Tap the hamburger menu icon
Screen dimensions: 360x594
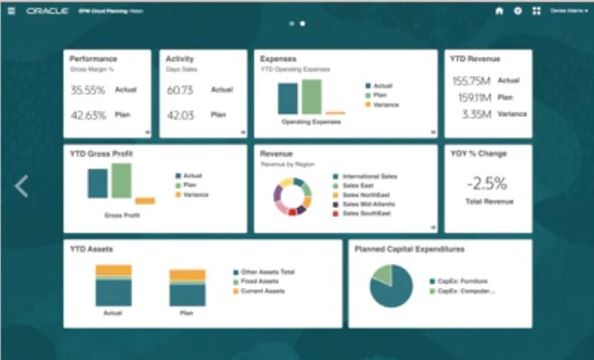coord(12,11)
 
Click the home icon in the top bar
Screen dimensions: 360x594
coord(499,11)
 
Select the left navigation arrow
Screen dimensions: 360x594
coord(22,186)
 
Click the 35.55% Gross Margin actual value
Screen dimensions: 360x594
coord(88,90)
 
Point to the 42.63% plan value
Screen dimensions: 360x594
coord(88,115)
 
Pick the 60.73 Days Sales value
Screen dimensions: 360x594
coord(181,90)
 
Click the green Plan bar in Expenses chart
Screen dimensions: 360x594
coord(311,96)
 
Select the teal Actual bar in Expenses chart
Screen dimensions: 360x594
coord(288,99)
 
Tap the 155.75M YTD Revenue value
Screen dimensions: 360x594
coord(471,80)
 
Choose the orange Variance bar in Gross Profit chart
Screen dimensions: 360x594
coord(145,201)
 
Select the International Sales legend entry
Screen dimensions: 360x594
coord(368,176)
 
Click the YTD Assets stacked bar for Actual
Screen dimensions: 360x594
coord(113,285)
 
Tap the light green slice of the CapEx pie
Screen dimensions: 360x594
coord(382,274)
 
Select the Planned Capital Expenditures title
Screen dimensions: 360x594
coord(409,248)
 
